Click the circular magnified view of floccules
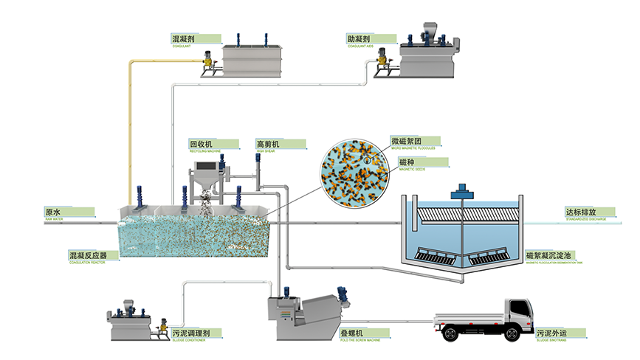click(354, 170)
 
